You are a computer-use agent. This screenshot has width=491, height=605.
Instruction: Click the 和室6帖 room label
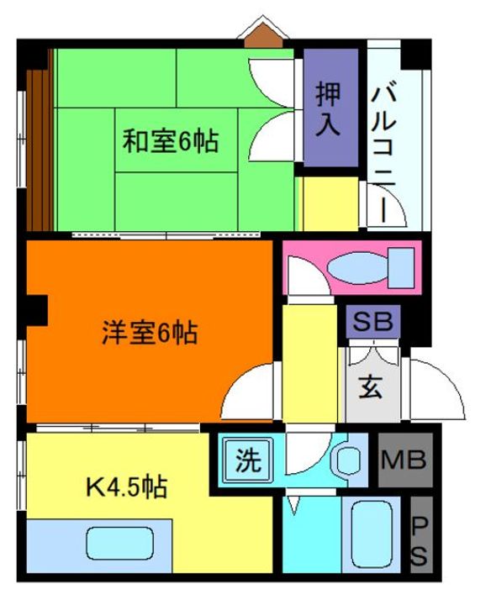tap(171, 141)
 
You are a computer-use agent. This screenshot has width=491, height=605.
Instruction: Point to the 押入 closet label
tap(328, 110)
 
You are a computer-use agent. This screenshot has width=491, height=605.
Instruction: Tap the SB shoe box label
tap(370, 321)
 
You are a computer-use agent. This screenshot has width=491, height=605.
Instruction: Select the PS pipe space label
tap(420, 542)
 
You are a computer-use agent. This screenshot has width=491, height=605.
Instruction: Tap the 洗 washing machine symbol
tap(245, 460)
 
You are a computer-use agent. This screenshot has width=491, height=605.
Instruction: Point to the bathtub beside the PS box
tap(370, 538)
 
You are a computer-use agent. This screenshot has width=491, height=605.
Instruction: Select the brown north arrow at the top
tap(263, 34)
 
